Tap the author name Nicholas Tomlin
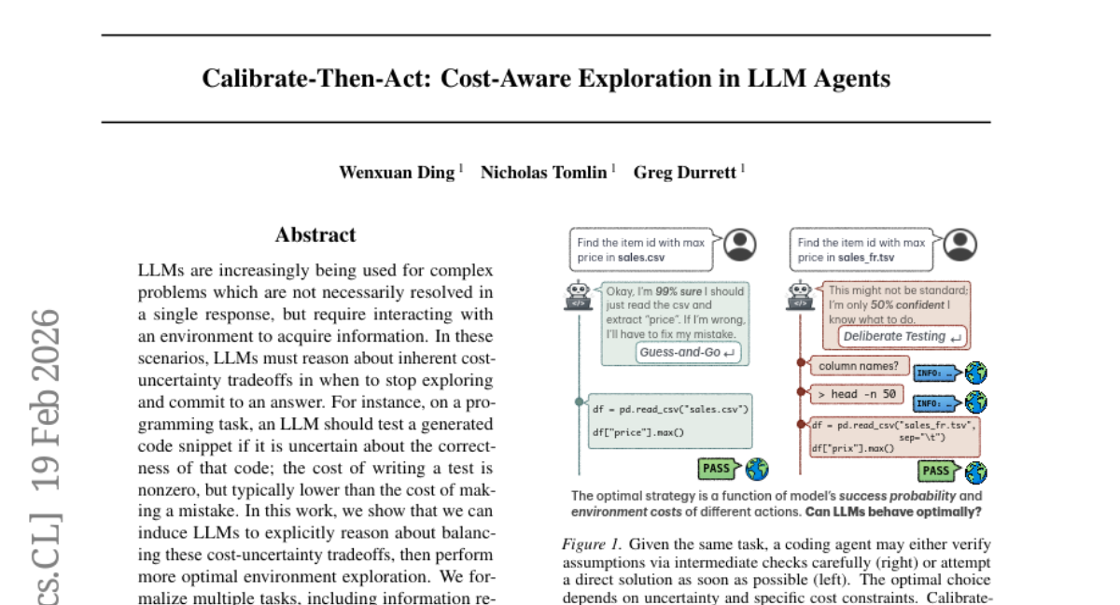(543, 173)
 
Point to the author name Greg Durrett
(686, 173)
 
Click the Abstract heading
(315, 235)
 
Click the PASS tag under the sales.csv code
(717, 468)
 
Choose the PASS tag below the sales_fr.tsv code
(936, 471)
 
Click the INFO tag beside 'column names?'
(934, 373)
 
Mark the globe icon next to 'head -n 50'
(975, 403)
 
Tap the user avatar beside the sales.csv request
(740, 246)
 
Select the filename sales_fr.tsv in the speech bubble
(866, 258)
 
